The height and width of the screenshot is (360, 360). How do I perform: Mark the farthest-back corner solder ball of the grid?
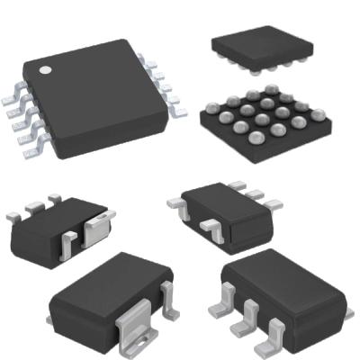pyautogui.click(x=270, y=89)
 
